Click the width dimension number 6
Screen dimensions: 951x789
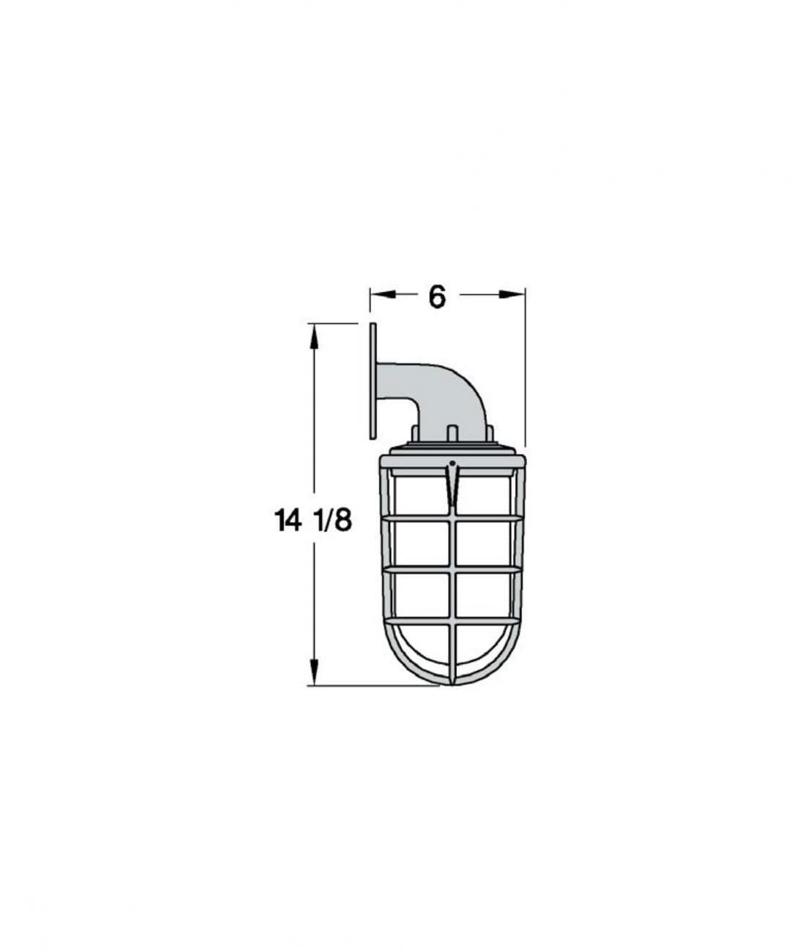[436, 296]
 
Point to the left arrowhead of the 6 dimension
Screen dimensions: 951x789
[381, 294]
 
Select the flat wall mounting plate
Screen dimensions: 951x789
[373, 380]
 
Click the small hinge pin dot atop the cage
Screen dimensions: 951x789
[453, 463]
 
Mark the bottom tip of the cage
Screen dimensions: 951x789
[453, 684]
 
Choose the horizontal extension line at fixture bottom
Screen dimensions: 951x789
[373, 685]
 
